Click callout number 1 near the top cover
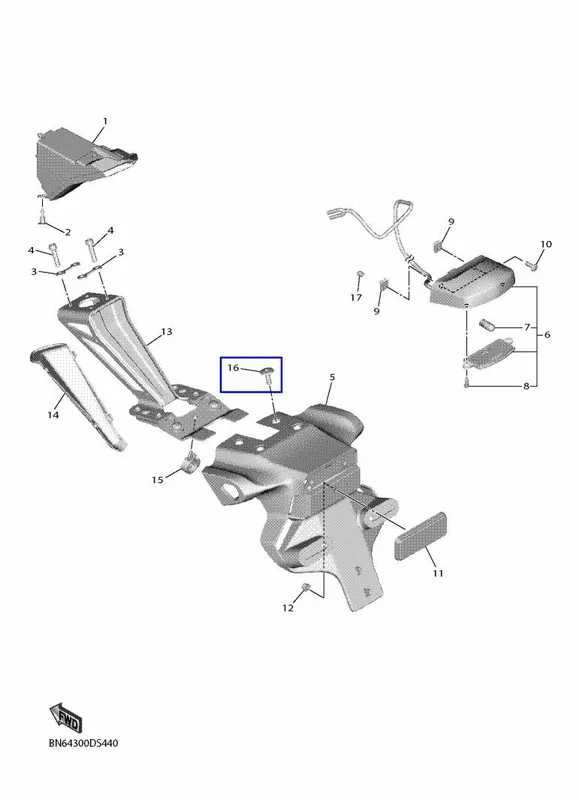105,121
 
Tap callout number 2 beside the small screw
67,232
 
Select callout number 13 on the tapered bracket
167,332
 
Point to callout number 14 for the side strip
53,415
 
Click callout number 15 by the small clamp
158,480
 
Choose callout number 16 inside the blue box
233,367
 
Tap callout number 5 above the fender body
332,378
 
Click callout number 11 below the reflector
438,573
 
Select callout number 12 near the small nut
288,608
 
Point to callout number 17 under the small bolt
356,297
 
